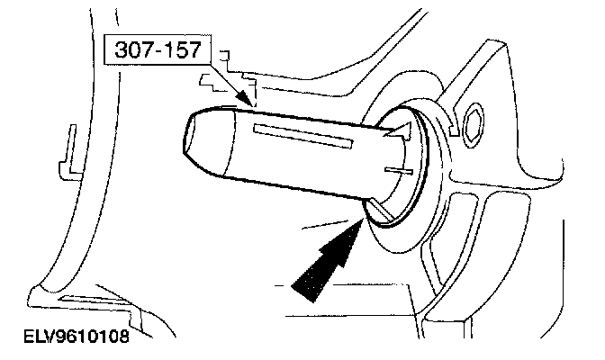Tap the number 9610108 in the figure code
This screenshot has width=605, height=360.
coord(94,339)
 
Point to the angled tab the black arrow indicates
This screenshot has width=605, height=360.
coord(377,212)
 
